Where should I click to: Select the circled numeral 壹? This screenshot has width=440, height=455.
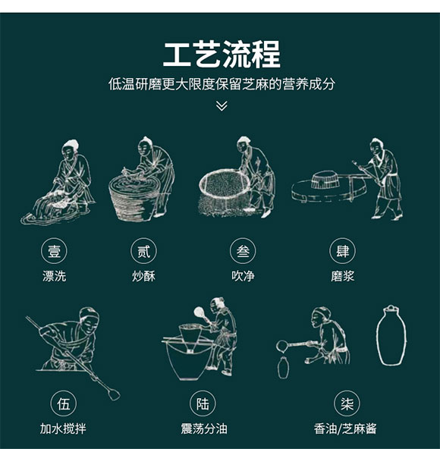pos(54,251)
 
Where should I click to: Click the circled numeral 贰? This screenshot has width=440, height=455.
pos(143,251)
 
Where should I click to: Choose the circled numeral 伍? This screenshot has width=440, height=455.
pos(63,403)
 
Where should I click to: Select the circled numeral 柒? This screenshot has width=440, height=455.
pos(345,403)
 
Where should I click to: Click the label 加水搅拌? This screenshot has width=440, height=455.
pos(63,429)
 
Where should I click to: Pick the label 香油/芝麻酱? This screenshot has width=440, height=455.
pos(345,429)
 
